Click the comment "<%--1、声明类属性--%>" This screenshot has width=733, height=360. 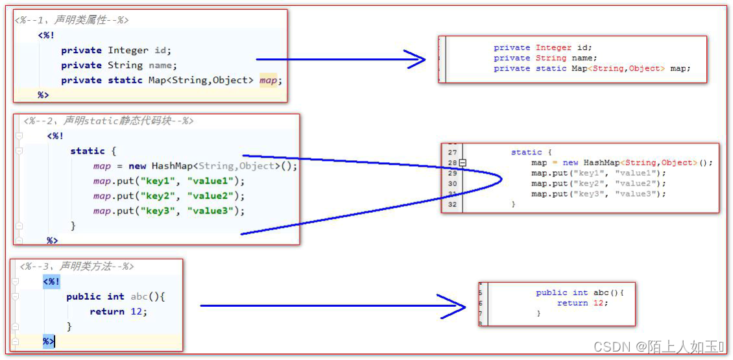tap(71, 20)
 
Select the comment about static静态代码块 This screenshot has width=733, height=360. tap(108, 121)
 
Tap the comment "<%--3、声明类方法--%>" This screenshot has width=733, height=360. tap(77, 266)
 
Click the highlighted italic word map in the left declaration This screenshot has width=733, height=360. tap(270, 80)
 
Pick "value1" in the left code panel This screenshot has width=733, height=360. tap(213, 181)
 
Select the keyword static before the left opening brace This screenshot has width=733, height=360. tap(87, 151)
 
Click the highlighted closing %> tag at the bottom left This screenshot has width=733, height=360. tap(49, 341)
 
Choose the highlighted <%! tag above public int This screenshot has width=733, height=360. tap(51, 282)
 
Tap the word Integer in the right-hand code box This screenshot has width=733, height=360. tap(553, 47)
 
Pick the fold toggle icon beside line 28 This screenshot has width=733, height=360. tap(462, 163)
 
